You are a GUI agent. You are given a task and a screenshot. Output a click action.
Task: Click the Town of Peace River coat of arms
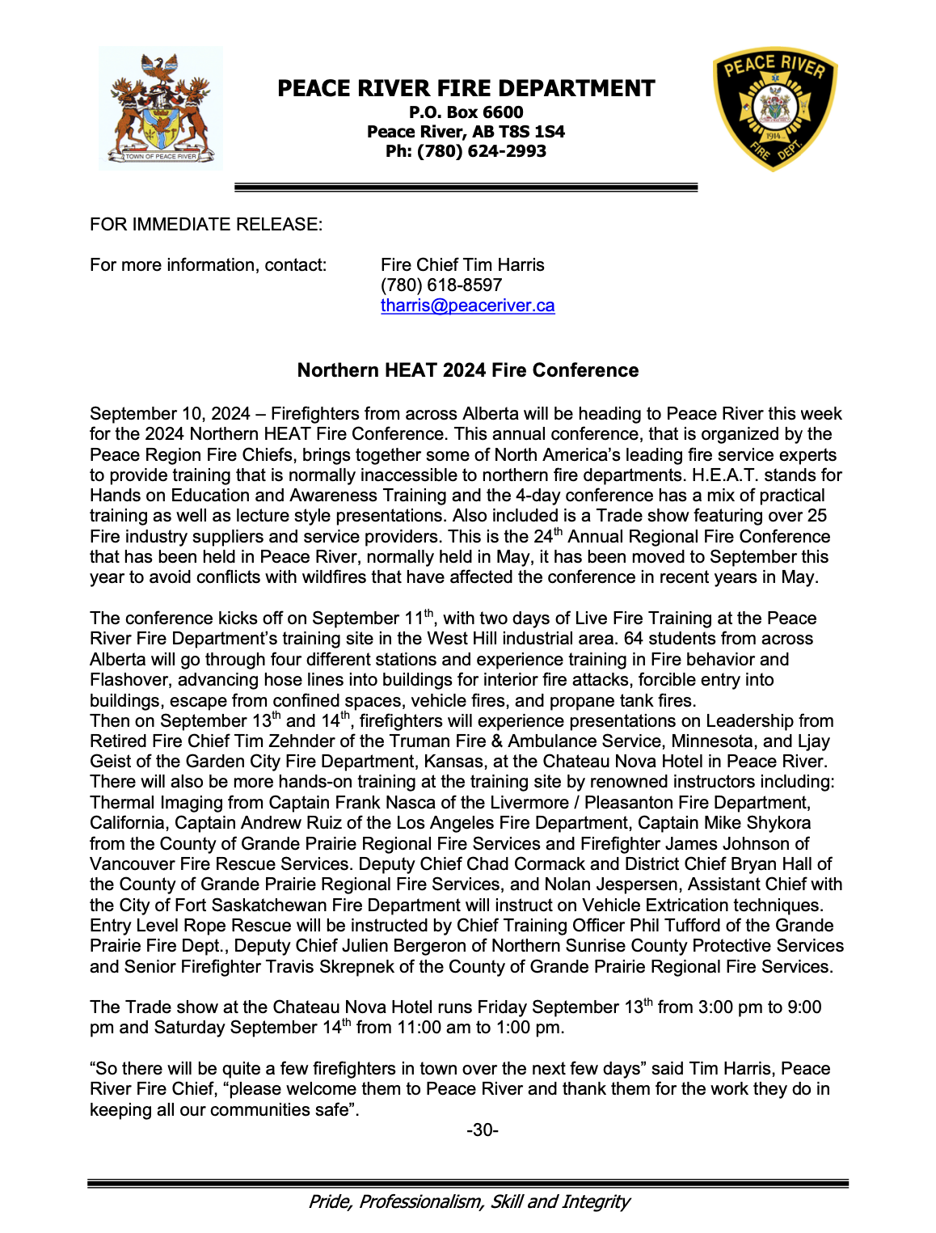click(x=160, y=108)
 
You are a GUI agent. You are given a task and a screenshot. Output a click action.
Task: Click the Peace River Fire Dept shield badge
click(x=774, y=108)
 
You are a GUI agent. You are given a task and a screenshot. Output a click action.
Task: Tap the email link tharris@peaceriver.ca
click(x=467, y=306)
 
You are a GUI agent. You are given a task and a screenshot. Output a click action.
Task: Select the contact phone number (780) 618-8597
click(x=441, y=285)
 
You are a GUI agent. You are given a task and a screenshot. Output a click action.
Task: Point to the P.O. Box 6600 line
click(x=466, y=112)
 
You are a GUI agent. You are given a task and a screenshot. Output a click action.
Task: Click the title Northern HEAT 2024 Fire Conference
click(x=467, y=370)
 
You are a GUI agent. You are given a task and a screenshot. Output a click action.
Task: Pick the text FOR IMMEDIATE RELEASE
click(x=205, y=224)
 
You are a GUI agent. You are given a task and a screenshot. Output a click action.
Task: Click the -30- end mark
click(x=483, y=1130)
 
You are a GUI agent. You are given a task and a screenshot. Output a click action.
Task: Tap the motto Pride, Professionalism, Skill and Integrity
click(x=468, y=1201)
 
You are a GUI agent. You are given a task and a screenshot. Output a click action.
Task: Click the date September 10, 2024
click(x=170, y=414)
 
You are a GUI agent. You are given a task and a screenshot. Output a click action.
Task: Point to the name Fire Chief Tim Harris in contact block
click(x=462, y=265)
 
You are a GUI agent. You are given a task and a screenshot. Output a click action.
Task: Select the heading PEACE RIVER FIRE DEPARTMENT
click(x=466, y=88)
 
